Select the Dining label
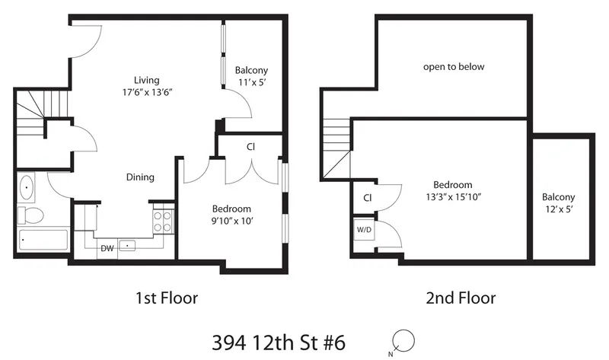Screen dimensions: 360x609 pos(140,177)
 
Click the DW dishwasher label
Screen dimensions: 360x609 pos(107,247)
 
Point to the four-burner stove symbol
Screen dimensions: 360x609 pos(163,221)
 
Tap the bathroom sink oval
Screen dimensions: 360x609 pos(27,186)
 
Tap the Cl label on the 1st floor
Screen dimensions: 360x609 pos(250,147)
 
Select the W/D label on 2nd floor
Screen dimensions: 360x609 pos(363,228)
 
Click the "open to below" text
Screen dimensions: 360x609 pos(454,67)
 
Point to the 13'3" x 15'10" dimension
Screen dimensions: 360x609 pos(453,197)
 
